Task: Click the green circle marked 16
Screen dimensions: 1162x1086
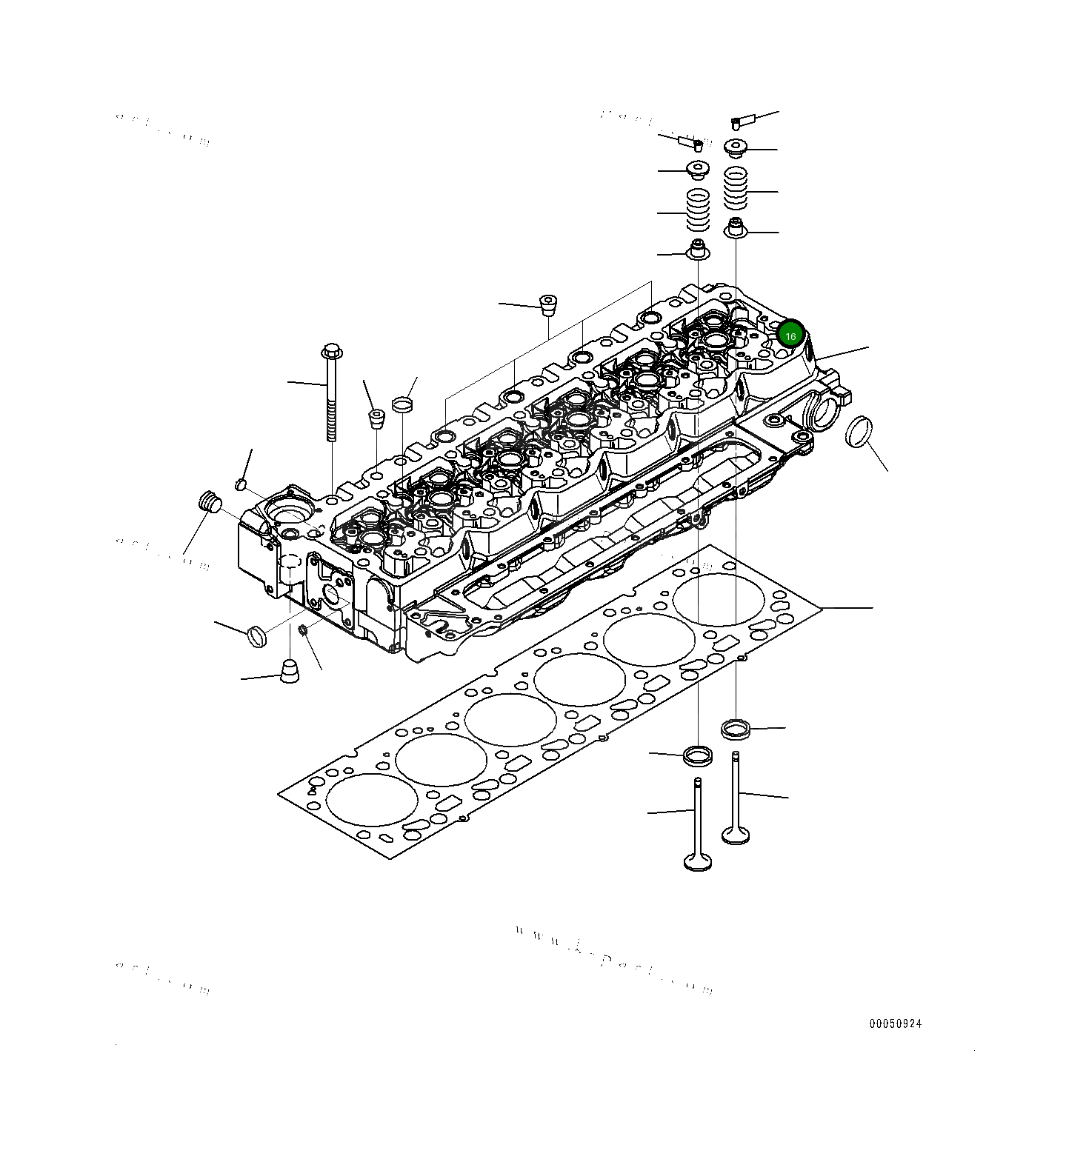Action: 790,335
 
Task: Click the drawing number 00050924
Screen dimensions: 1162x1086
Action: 896,1024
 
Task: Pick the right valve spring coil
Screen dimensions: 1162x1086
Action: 735,189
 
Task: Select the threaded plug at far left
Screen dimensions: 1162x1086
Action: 210,501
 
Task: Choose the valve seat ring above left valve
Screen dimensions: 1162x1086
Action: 698,756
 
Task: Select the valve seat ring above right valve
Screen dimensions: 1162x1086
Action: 736,728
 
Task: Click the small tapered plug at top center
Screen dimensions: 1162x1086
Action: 547,304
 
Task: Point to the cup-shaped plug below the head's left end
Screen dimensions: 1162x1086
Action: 290,672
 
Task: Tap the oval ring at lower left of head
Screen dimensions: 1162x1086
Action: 256,635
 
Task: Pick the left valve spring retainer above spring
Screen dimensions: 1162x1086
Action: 698,170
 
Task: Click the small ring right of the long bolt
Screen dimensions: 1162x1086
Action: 402,404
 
